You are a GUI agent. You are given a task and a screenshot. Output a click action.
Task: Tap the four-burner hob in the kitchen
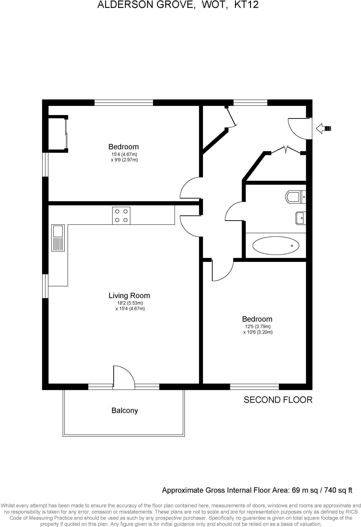[x=121, y=216]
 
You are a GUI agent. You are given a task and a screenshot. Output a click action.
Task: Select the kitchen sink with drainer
[x=58, y=238]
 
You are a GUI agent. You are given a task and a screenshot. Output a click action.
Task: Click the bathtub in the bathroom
[x=276, y=245]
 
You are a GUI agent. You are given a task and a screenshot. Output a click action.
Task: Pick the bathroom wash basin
[x=300, y=218]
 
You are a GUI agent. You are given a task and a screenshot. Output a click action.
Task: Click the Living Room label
[x=129, y=296]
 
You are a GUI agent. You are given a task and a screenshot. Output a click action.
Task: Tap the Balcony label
[x=124, y=410]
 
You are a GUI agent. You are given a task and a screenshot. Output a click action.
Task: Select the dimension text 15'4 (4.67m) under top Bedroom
[x=124, y=154]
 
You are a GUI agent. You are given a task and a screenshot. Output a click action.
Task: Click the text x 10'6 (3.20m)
[x=258, y=332]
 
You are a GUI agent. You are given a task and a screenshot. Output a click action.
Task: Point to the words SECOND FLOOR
[x=278, y=400]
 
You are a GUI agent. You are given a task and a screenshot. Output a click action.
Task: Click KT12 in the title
[x=246, y=5]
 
